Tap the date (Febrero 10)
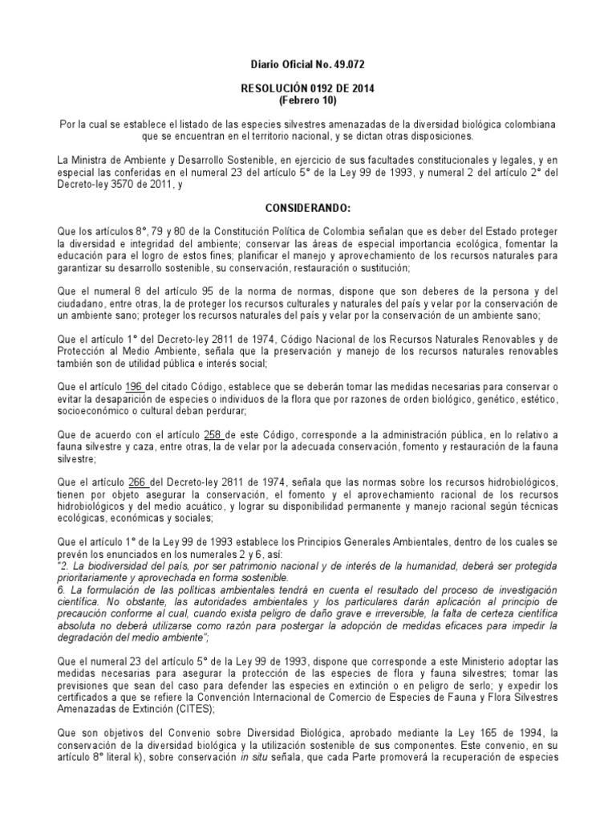point(307,101)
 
